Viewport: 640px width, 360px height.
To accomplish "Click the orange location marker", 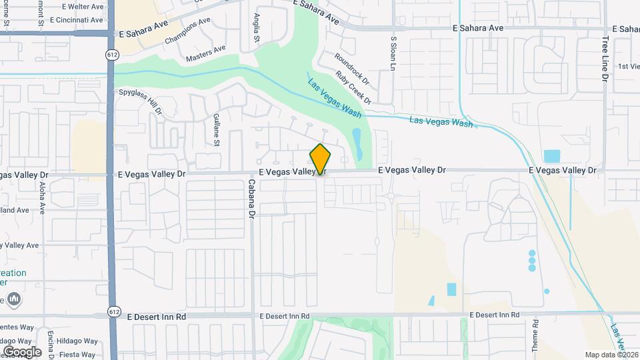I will point(320,159).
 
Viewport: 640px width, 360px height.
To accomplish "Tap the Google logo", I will point(22,351).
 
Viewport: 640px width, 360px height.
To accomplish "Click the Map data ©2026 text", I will point(611,355).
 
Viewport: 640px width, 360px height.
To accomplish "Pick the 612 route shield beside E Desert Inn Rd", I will point(115,312).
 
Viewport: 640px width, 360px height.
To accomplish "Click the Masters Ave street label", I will point(206,53).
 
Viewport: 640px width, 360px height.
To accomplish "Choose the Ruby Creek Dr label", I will point(353,87).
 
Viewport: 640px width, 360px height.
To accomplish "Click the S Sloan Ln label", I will point(393,54).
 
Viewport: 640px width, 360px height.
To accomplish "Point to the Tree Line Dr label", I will point(605,59).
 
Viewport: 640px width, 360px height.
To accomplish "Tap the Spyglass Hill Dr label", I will point(141,101).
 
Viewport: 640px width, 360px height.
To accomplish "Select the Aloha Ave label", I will point(42,196).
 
